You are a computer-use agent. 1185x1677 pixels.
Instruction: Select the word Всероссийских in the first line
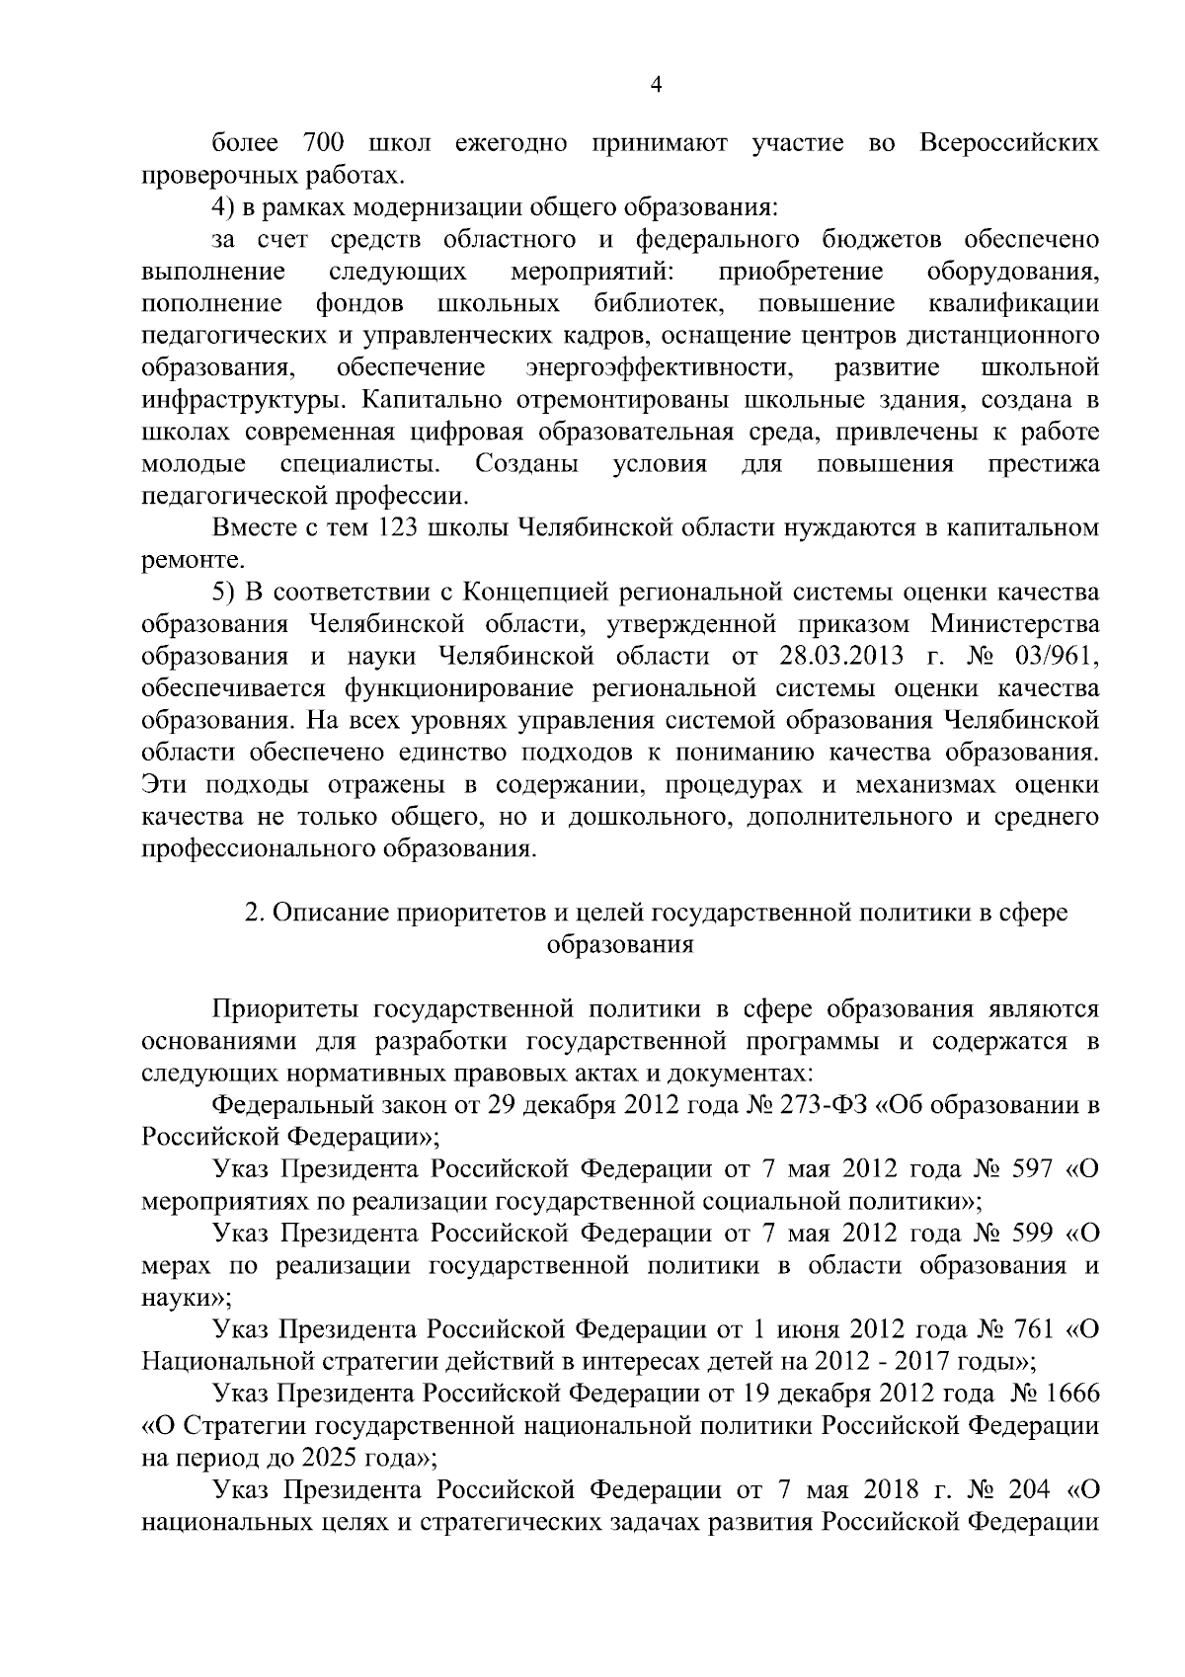coord(1008,143)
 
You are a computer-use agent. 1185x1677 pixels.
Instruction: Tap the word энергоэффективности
coord(659,368)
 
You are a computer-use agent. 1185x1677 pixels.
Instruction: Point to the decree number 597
coord(1033,1169)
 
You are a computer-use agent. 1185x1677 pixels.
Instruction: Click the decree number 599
coord(1033,1234)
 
